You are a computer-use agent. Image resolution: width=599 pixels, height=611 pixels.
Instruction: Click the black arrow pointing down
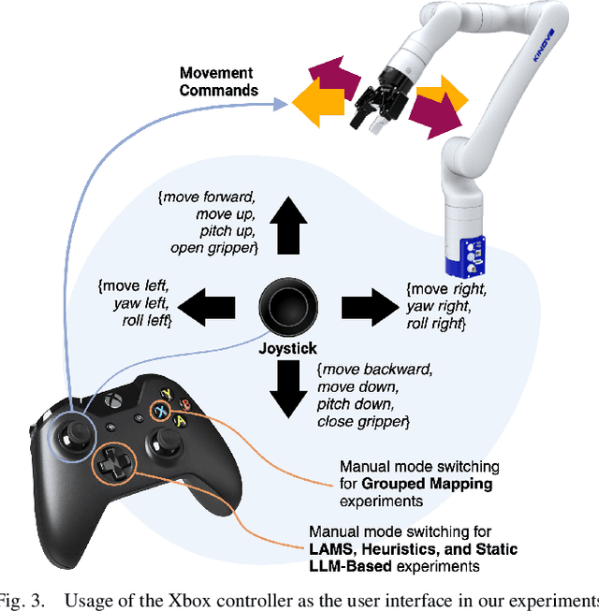click(x=287, y=386)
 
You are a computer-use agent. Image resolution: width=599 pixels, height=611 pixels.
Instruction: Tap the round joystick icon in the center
click(x=287, y=305)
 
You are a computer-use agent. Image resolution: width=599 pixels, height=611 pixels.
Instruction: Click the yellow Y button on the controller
click(x=168, y=393)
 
